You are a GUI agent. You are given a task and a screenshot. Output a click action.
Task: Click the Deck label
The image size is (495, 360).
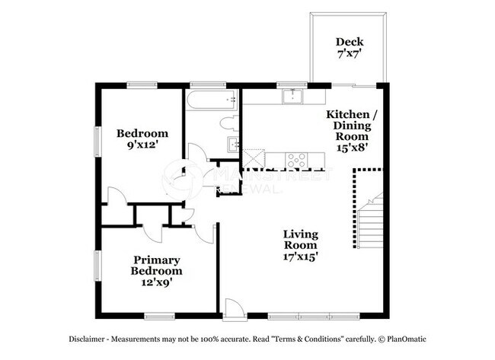350,42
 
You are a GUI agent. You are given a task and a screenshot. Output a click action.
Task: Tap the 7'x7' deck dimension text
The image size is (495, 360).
350,55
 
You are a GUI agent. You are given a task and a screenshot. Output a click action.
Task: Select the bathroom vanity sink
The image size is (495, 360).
232,144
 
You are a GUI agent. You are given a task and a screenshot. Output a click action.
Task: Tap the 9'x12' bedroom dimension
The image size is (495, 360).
142,146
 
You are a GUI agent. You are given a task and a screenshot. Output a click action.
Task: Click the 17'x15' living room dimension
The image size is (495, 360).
301,257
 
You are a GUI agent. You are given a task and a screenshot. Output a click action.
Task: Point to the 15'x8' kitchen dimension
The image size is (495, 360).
351,148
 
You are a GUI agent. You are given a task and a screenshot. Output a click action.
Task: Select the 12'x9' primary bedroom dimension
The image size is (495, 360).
156,283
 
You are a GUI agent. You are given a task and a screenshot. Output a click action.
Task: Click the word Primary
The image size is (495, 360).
156,260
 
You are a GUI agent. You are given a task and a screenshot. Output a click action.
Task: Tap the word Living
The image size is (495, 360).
301,234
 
